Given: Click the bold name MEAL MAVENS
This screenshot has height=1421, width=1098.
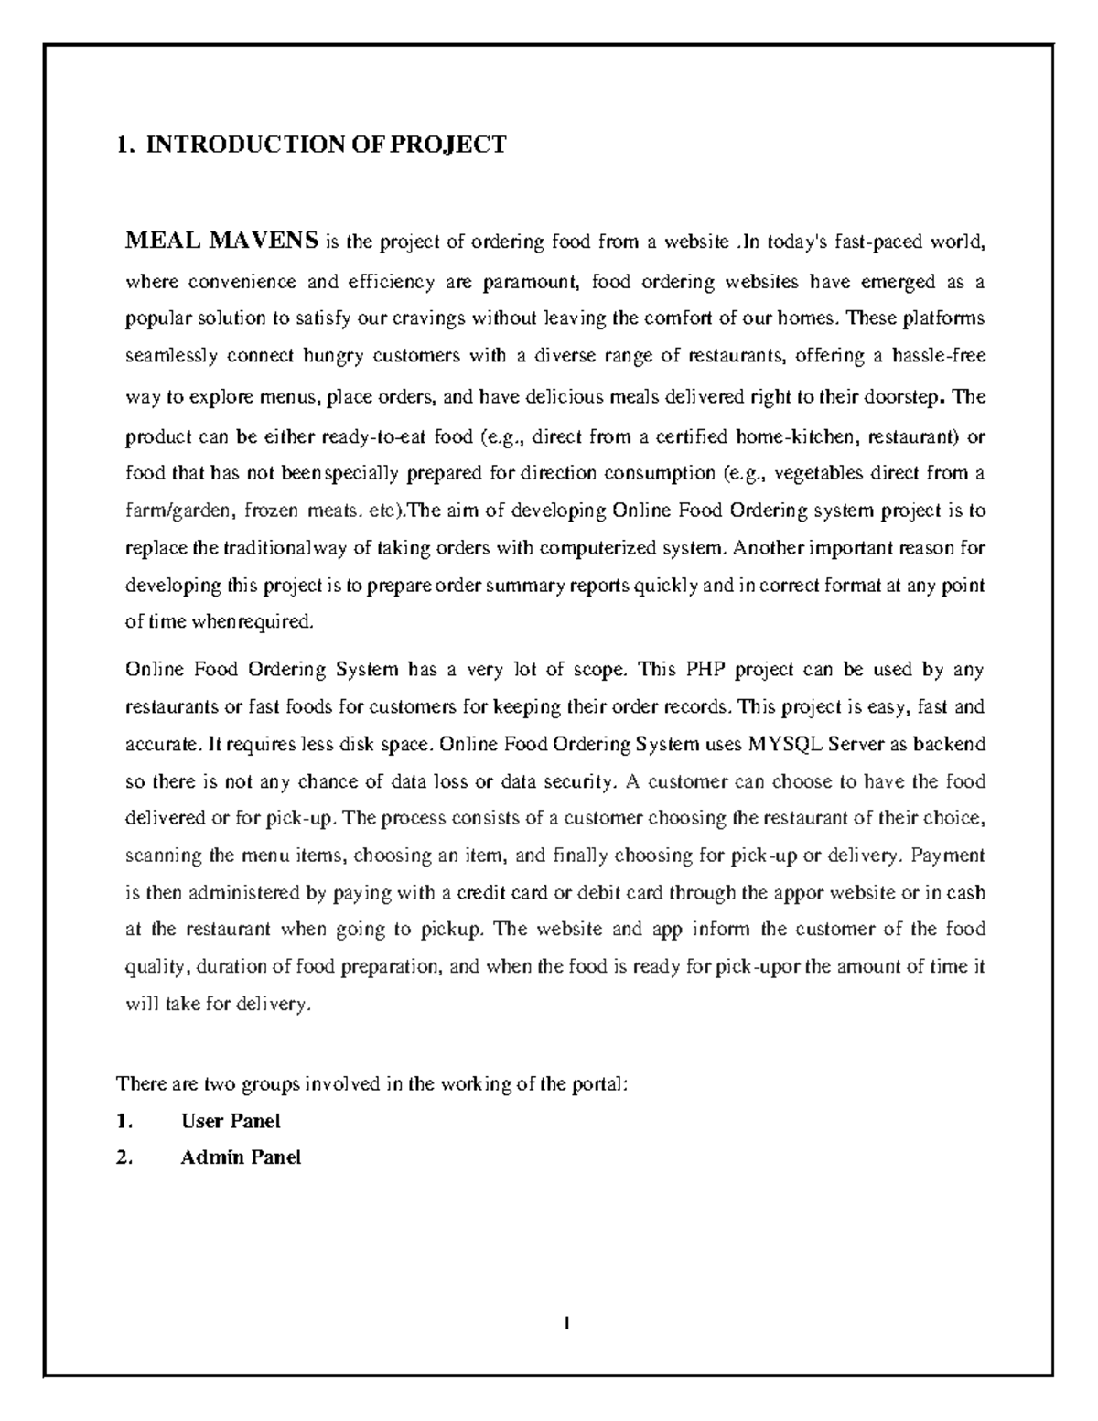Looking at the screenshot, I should click(221, 242).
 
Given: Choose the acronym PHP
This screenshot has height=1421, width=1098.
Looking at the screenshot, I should click(705, 669).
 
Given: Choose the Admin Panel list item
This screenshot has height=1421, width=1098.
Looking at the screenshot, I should click(240, 1157).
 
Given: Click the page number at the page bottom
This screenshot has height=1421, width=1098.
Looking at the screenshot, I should click(567, 1322).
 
